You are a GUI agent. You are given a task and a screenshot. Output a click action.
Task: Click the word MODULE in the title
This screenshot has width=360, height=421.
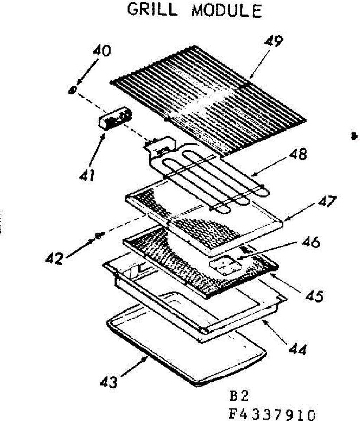click(x=227, y=11)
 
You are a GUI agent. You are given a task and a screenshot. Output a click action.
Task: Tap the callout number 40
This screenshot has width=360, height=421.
click(x=102, y=51)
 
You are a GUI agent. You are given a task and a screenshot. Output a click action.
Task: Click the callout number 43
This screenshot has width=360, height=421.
click(x=109, y=382)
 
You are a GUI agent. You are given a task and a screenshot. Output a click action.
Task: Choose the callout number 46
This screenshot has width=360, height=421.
click(x=310, y=242)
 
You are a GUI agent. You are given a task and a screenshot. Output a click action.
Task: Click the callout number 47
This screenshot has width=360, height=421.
click(x=327, y=202)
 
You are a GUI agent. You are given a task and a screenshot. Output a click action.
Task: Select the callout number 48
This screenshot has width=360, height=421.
click(x=298, y=154)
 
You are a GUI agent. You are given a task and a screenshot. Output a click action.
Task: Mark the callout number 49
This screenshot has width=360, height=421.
click(x=274, y=41)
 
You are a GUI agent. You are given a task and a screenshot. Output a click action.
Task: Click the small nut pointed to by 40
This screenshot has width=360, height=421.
click(x=72, y=90)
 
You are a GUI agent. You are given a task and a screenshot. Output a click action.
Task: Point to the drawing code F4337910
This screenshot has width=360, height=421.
click(x=270, y=414)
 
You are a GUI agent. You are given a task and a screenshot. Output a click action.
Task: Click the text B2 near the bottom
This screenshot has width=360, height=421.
click(x=239, y=396)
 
